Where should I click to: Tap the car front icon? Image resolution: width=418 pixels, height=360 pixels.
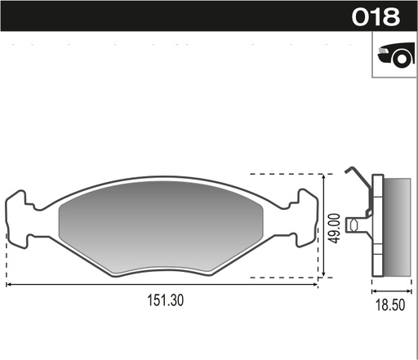pos(394,55)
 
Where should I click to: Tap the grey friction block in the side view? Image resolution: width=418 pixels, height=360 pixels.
pos(398,226)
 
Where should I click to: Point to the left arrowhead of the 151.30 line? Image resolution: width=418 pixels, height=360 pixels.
pos(9,285)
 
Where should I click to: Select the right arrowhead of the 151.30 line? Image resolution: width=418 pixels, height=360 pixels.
pos(315,285)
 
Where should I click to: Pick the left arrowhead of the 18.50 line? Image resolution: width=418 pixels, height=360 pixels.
pos(374,290)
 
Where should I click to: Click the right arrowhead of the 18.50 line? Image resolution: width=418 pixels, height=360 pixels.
pos(408,290)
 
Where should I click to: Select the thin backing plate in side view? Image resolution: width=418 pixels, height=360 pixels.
pos(377,226)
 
